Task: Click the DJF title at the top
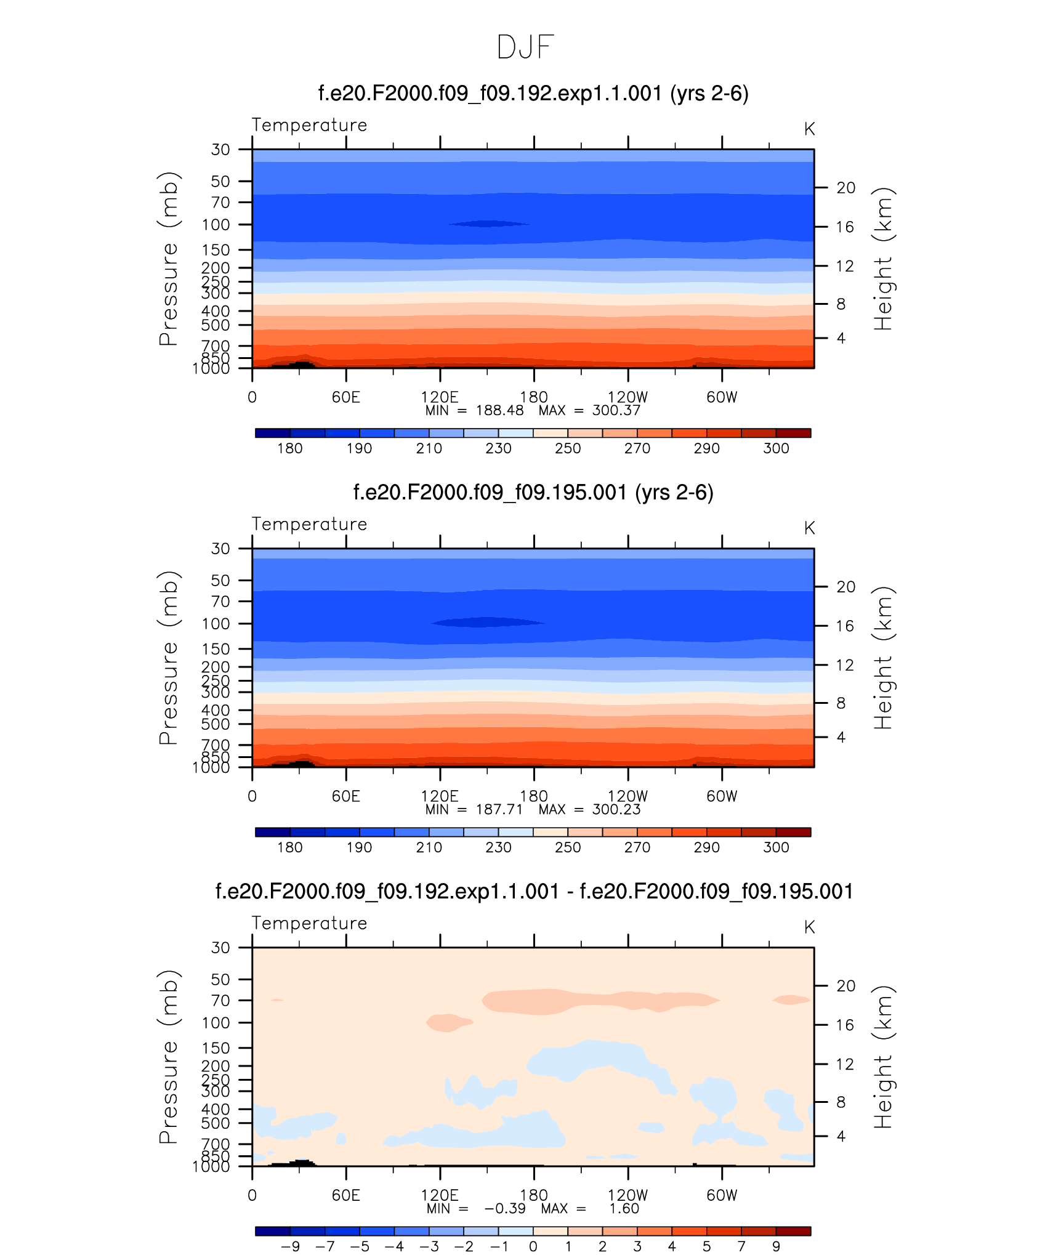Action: pyautogui.click(x=525, y=47)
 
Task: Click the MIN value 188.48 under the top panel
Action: pyautogui.click(x=499, y=411)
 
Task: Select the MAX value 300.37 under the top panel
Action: pyautogui.click(x=616, y=411)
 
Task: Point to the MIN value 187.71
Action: pyautogui.click(x=499, y=810)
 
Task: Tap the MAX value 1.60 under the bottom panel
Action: pyautogui.click(x=624, y=1209)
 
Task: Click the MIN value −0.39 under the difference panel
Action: pyautogui.click(x=505, y=1209)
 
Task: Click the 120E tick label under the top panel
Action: pyautogui.click(x=440, y=397)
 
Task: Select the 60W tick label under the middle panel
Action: pyautogui.click(x=722, y=796)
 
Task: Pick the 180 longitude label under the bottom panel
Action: pyautogui.click(x=534, y=1195)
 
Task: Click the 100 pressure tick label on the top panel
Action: pyautogui.click(x=216, y=225)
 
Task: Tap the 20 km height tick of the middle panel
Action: pyautogui.click(x=845, y=587)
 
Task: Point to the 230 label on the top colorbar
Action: pyautogui.click(x=498, y=448)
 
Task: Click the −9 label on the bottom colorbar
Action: pyautogui.click(x=290, y=1246)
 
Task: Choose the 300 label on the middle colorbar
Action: pyautogui.click(x=776, y=847)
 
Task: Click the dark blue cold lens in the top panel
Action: pyautogui.click(x=488, y=224)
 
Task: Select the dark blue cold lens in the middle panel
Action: pyautogui.click(x=488, y=623)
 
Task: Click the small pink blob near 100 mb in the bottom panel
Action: pyautogui.click(x=448, y=1023)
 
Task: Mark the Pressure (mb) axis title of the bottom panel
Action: pyautogui.click(x=168, y=1057)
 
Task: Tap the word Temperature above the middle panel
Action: pyautogui.click(x=309, y=524)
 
